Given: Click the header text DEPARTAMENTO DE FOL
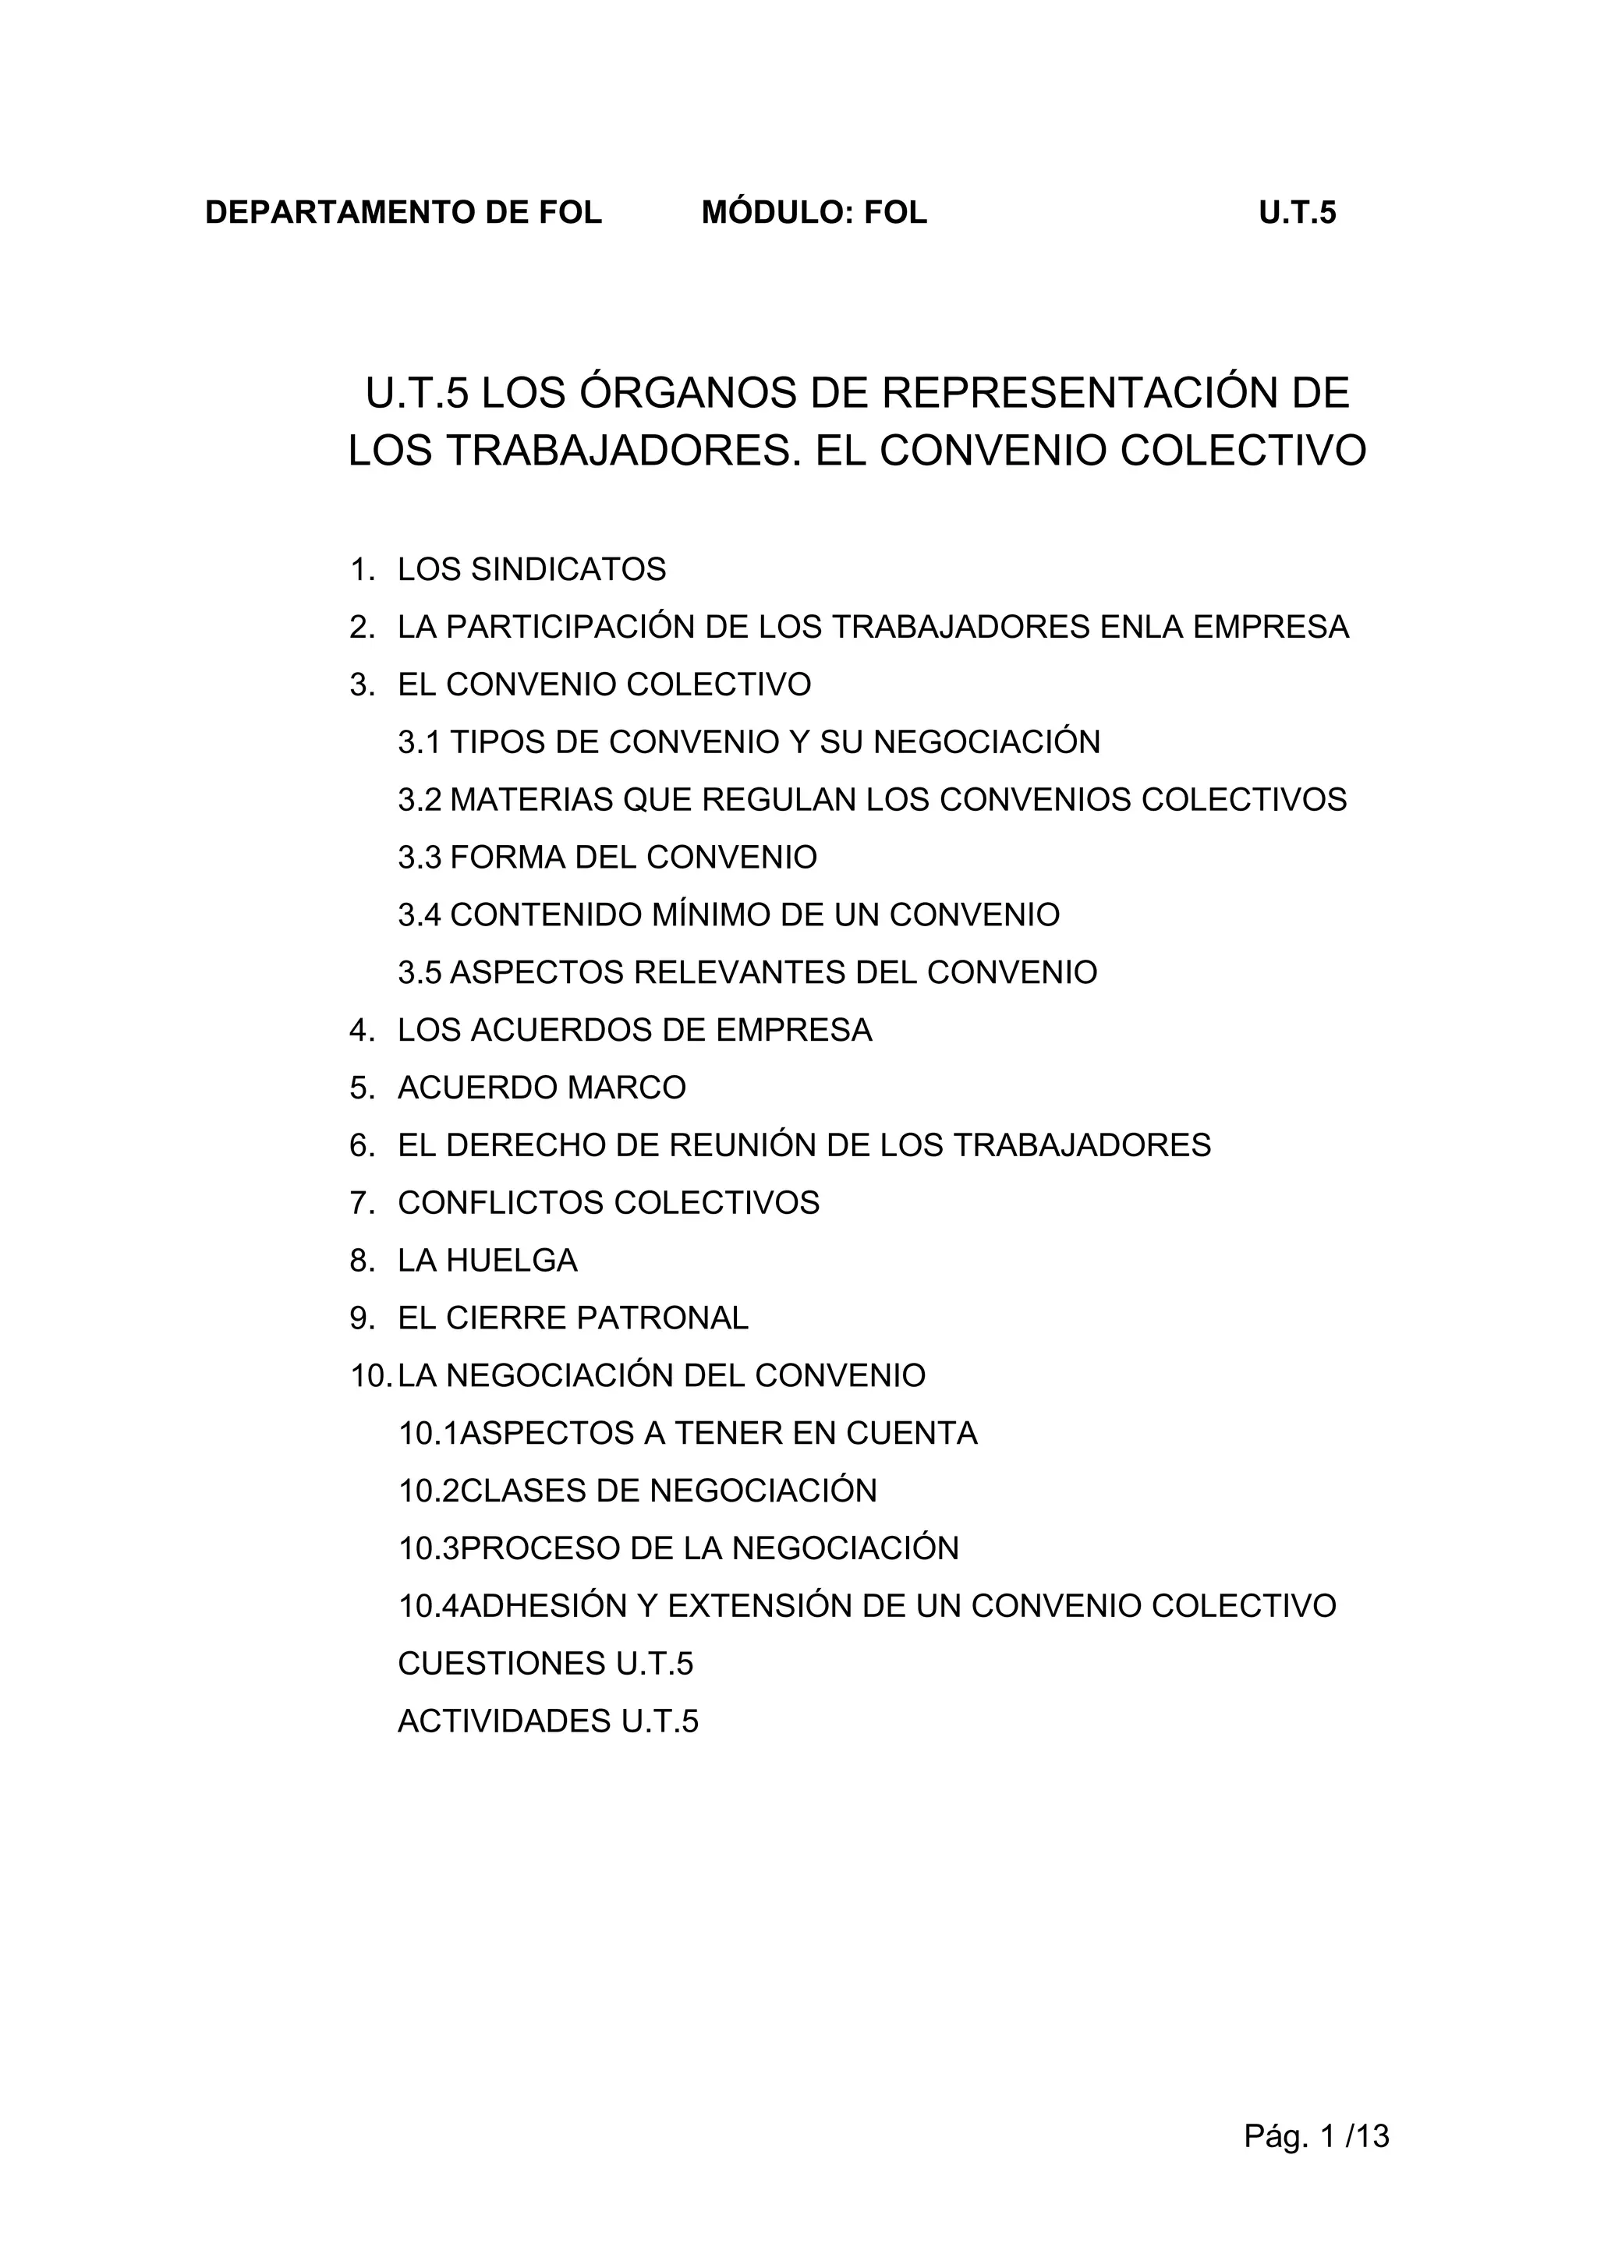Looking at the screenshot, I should pos(403,214).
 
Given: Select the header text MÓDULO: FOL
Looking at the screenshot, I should pos(814,214).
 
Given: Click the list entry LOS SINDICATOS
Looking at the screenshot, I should pos(531,569).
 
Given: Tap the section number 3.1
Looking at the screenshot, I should pos(419,742).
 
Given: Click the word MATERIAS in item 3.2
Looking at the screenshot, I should pos(531,800).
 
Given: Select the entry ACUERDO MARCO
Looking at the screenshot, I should pos(542,1088).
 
